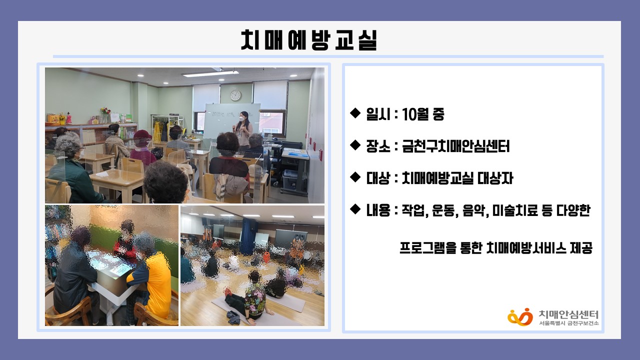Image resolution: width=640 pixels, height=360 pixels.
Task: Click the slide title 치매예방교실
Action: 309,40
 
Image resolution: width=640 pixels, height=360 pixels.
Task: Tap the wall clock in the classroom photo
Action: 235,95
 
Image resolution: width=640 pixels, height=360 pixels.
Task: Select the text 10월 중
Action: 423,114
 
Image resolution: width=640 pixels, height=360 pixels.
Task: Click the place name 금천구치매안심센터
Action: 455,146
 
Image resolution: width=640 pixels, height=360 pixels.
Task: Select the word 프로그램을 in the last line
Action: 427,248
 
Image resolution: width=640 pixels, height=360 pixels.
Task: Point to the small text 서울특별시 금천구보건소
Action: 568,323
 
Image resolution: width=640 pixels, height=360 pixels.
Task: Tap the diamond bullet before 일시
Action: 355,113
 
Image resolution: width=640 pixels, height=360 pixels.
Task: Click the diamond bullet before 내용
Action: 355,209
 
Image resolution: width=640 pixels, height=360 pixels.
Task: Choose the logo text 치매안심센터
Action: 568,314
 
